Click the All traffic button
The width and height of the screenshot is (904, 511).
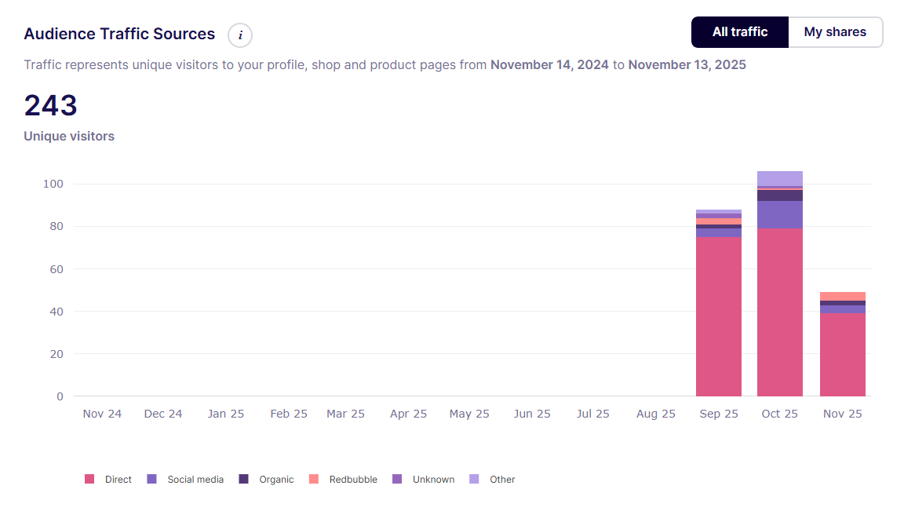739,32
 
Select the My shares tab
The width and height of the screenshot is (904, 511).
835,32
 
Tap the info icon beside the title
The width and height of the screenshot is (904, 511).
240,35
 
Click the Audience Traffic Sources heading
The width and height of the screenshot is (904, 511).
119,34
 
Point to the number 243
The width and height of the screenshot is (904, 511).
50,105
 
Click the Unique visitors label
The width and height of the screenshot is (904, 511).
69,136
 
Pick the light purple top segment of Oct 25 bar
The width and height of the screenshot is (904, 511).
779,178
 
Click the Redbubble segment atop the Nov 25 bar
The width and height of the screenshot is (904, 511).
842,296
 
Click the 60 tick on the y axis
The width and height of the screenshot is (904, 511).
56,269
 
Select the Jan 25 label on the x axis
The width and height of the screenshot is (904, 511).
226,414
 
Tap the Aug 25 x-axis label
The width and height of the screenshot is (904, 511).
656,414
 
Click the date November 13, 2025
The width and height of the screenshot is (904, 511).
687,64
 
